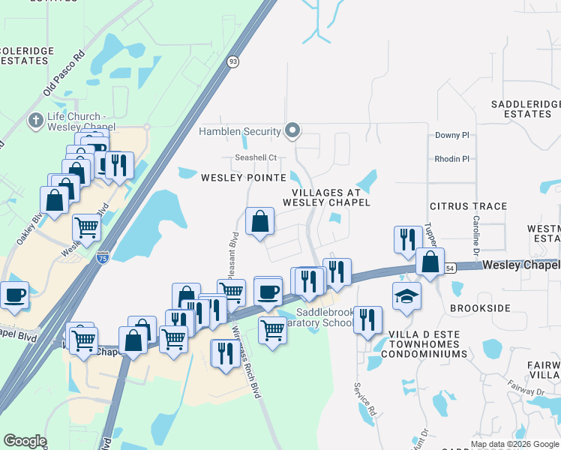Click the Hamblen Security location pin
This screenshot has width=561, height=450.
293,131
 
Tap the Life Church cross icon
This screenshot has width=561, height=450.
35,120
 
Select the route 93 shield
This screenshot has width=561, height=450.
233,62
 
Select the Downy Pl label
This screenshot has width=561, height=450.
451,135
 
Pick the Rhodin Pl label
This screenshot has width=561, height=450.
451,159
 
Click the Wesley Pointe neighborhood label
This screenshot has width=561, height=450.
244,178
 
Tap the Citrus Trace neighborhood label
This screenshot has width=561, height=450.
468,206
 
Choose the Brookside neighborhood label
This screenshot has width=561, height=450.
480,308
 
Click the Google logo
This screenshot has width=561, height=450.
25,441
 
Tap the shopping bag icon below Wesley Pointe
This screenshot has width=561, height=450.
259,222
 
